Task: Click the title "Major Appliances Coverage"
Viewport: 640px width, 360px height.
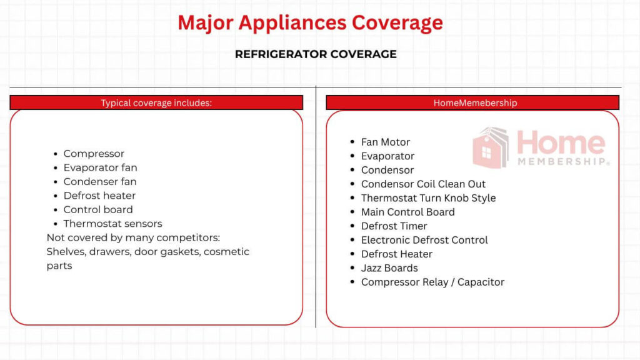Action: click(x=310, y=23)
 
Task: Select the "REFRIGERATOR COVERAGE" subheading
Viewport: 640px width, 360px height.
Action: click(x=316, y=54)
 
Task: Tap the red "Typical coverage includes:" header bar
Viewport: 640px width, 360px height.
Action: click(x=156, y=103)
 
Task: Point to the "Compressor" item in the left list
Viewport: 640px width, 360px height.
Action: click(x=94, y=154)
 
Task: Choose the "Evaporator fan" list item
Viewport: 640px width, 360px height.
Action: click(x=100, y=167)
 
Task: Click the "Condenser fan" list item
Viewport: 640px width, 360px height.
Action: click(x=100, y=182)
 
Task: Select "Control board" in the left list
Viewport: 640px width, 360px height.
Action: click(x=98, y=210)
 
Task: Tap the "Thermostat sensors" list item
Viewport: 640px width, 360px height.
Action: click(x=112, y=224)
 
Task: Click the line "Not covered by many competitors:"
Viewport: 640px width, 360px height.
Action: click(x=133, y=238)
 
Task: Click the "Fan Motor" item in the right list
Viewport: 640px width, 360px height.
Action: click(x=386, y=142)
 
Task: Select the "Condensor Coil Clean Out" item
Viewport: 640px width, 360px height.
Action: click(x=423, y=184)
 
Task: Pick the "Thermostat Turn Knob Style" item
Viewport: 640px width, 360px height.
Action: click(x=428, y=198)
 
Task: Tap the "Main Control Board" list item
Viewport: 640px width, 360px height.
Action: click(x=407, y=212)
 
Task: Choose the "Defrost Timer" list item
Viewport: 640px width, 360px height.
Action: click(x=394, y=226)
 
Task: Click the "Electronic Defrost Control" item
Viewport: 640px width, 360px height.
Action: click(x=424, y=240)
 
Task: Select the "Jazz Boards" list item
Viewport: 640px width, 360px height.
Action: click(x=389, y=268)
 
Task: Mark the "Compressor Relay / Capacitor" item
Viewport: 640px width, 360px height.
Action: click(x=432, y=282)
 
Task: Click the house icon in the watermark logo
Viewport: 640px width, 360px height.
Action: click(x=491, y=149)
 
